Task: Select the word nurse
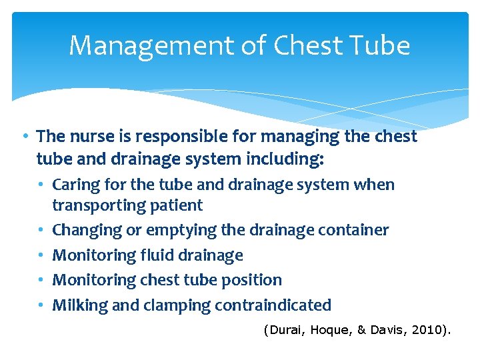89,137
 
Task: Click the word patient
179,205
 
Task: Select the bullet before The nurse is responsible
24,137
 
